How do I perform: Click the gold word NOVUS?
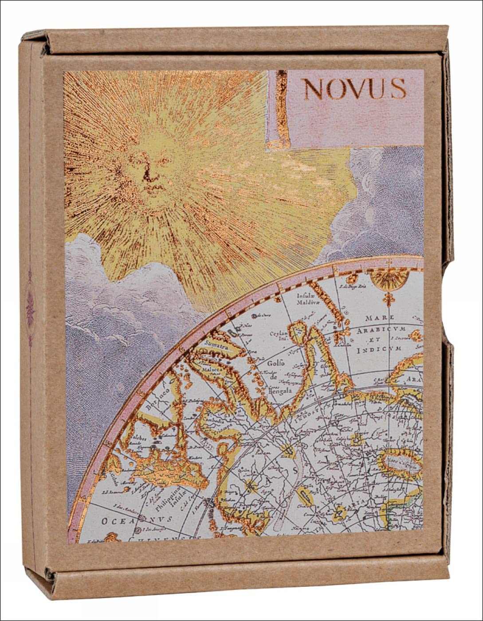point(354,89)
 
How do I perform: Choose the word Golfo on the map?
point(276,364)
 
